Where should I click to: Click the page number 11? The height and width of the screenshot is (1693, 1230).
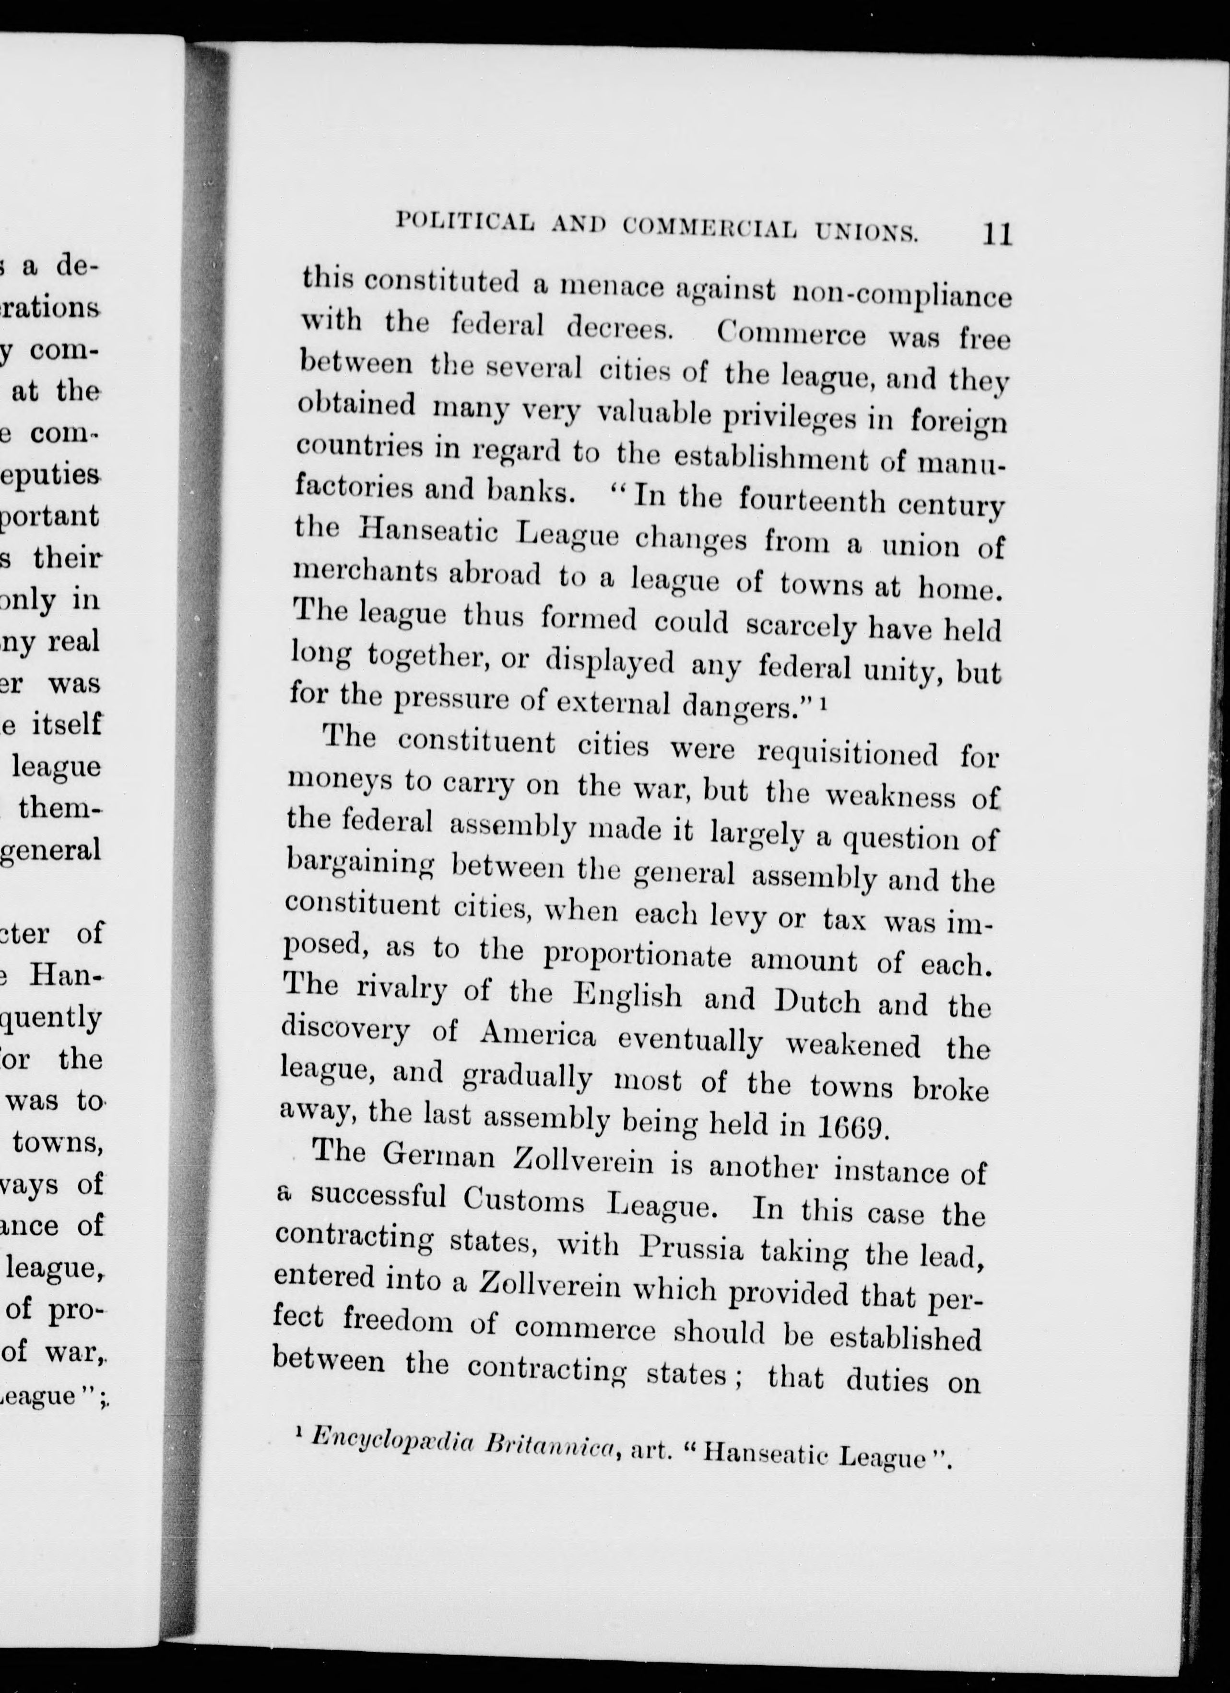(997, 234)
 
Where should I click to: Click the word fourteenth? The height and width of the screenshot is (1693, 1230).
(811, 500)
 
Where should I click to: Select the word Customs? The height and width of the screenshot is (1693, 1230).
(526, 1200)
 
